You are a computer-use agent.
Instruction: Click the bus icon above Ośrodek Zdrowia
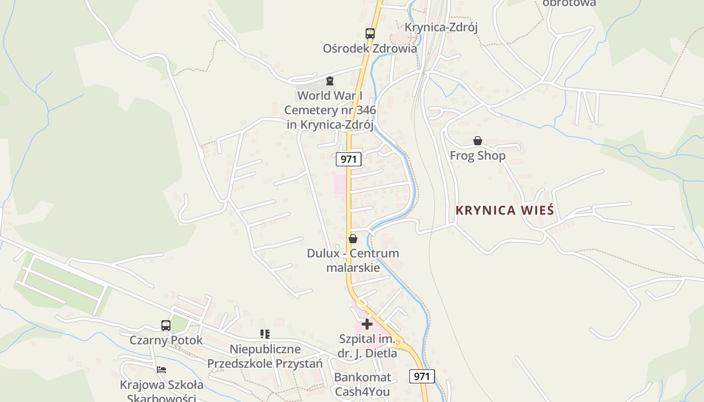tap(370, 34)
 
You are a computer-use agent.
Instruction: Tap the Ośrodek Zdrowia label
tap(370, 49)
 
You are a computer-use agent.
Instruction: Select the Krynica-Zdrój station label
tap(441, 27)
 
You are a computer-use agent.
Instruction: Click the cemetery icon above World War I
tap(330, 81)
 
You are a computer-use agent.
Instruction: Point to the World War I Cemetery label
tap(330, 110)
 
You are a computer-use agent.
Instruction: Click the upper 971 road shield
tap(348, 159)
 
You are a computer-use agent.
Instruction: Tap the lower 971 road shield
tap(422, 376)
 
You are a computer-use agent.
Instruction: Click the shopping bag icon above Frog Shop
tap(477, 141)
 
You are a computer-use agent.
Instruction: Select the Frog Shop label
tap(477, 156)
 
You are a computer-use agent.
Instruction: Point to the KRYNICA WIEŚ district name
tap(504, 211)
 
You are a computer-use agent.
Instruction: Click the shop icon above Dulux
tap(353, 239)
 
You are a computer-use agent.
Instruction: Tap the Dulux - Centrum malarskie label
tap(353, 260)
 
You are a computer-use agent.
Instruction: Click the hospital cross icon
tap(367, 324)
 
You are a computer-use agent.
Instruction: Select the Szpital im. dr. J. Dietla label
tap(367, 346)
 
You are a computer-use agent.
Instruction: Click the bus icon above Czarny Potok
tap(166, 325)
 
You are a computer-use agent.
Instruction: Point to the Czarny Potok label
tap(166, 340)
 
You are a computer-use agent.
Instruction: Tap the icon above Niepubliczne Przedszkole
tap(265, 334)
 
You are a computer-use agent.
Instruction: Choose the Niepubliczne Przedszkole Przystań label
tap(265, 356)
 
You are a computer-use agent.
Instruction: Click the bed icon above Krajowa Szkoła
tap(161, 370)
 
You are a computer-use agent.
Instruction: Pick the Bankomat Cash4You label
tap(362, 384)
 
